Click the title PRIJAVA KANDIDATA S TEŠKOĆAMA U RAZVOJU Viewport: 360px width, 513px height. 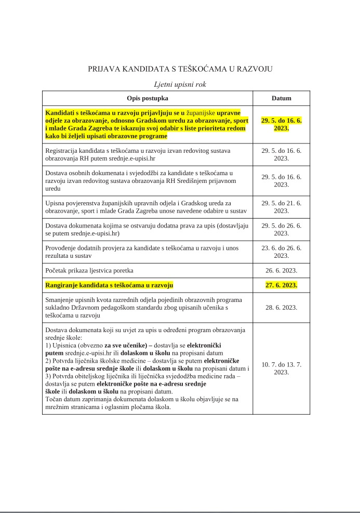coord(180,69)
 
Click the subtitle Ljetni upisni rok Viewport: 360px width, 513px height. coord(180,84)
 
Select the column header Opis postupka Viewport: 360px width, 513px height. coord(148,98)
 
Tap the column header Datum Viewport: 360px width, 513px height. coord(281,98)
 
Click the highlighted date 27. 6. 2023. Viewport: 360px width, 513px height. coord(281,285)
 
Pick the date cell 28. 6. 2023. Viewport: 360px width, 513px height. coord(281,307)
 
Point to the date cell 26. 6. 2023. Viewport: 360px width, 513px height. coord(281,270)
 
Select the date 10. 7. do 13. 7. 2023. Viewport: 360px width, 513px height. coord(281,369)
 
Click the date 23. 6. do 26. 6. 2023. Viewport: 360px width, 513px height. coord(281,252)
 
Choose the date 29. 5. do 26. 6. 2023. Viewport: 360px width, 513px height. coord(281,229)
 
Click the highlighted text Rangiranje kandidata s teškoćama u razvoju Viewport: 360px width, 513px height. coord(110,285)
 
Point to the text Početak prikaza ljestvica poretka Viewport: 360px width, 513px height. coord(89,270)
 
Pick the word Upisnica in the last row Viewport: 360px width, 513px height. coord(65,346)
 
